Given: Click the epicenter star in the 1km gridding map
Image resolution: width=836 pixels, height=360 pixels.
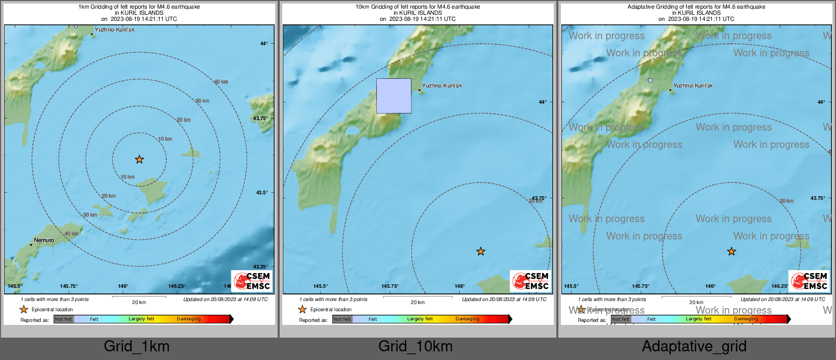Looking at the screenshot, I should (139, 160).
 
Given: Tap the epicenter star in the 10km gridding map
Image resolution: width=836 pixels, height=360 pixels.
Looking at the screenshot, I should (481, 251).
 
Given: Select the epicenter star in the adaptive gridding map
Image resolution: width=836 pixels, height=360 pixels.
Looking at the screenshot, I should (731, 251).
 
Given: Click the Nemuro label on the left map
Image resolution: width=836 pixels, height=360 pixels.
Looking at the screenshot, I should (44, 240).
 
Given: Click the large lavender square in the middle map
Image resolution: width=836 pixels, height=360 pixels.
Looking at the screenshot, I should (394, 96).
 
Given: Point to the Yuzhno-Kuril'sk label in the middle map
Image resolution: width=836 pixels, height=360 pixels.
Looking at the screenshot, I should (442, 85).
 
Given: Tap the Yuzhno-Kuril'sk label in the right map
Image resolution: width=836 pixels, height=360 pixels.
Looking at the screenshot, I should (693, 85).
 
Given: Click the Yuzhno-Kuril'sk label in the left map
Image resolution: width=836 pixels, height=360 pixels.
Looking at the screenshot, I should (114, 29).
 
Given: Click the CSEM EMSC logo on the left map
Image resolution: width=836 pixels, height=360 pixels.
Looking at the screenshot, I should (252, 281).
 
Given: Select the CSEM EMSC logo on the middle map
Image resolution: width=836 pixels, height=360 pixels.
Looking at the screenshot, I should (530, 281).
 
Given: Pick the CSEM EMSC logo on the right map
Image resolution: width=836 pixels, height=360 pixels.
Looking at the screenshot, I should (809, 281).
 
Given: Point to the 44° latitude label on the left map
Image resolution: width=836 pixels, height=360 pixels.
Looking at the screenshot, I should (264, 44).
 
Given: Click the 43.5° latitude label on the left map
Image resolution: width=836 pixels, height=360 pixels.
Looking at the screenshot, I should (261, 193).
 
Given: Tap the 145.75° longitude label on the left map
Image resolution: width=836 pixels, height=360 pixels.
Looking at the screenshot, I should (69, 286).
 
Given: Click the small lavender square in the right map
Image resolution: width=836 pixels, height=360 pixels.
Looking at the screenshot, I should (650, 80).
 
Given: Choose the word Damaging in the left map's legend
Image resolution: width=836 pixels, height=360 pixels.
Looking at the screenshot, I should (189, 319).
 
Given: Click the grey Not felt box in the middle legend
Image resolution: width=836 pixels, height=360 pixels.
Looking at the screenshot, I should (342, 319).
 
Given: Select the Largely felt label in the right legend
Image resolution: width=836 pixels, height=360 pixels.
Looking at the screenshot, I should (699, 319).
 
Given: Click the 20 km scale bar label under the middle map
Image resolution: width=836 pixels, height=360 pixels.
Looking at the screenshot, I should (417, 303).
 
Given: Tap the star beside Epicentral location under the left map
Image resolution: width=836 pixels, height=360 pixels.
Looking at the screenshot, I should (23, 309).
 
